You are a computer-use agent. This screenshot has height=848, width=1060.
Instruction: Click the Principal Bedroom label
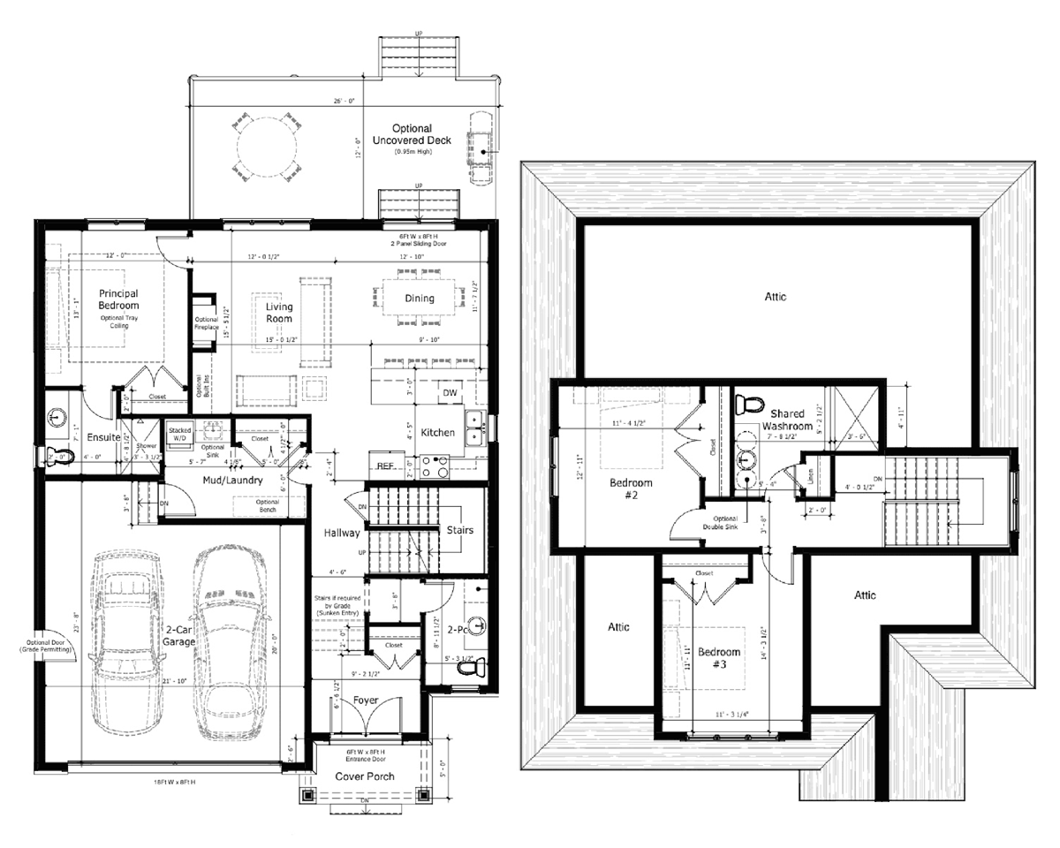(x=118, y=299)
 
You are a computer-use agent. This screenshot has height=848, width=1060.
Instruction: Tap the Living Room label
(x=279, y=313)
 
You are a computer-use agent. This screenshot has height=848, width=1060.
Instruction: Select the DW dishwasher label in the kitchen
(x=450, y=392)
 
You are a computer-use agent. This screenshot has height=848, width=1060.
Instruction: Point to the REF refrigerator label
(x=385, y=465)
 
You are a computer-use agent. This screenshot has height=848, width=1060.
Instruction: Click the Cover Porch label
(x=364, y=776)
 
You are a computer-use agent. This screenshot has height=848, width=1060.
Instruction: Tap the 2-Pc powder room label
(x=458, y=630)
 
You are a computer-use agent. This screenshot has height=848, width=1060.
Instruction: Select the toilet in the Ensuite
(x=60, y=455)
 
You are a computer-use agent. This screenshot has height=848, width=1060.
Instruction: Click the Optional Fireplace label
(x=206, y=322)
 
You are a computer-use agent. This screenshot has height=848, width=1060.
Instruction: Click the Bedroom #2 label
(x=632, y=489)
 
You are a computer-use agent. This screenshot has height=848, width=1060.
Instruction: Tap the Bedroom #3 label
(x=720, y=658)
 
